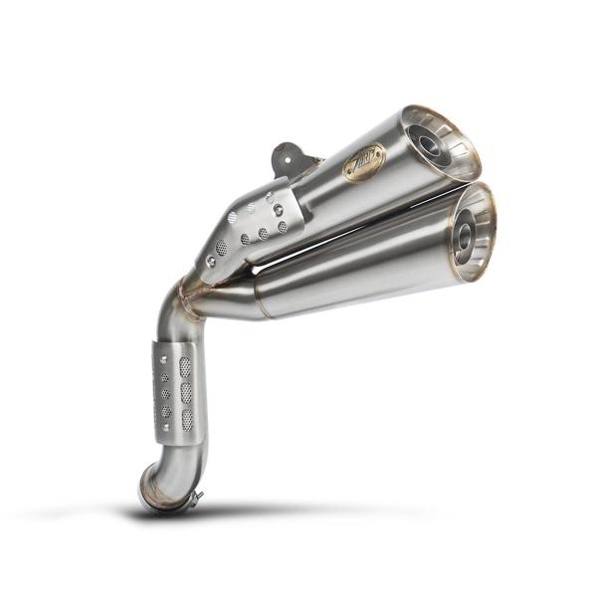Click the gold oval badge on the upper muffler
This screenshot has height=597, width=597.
click(364, 162)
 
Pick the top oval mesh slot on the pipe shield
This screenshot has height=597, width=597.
click(184, 366)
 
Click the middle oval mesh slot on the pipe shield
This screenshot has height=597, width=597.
click(186, 393)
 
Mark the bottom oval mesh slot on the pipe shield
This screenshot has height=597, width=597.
click(187, 419)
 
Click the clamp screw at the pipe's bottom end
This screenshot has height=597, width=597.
click(196, 497)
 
